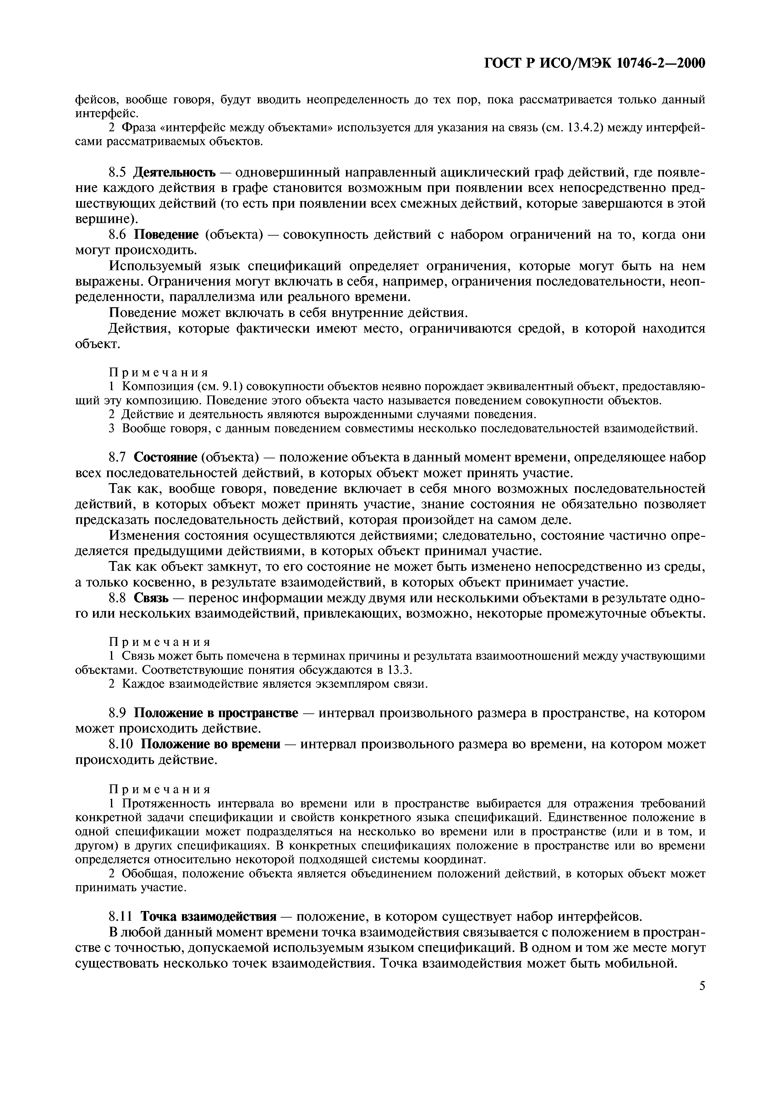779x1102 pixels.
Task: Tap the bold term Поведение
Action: [166, 234]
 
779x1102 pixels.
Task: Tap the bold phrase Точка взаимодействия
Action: [208, 916]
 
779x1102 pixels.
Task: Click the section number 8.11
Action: [122, 916]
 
